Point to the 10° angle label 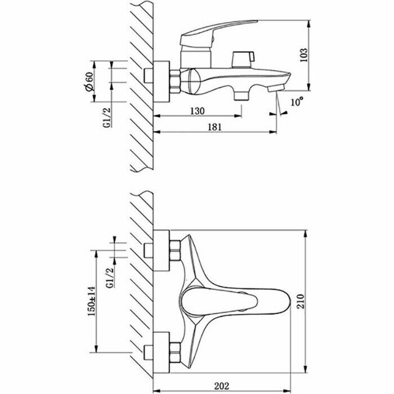coord(296,102)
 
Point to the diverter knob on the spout coord(243,58)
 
